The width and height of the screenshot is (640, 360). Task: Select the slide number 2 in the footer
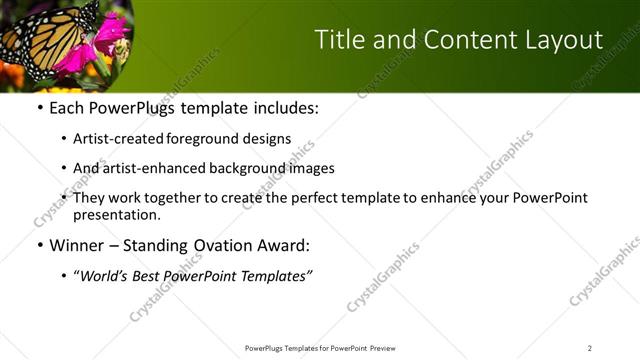click(589, 348)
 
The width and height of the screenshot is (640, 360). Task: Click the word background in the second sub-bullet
click(245, 169)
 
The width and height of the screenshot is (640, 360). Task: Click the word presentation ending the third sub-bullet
click(115, 214)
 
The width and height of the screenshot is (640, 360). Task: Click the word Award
click(285, 245)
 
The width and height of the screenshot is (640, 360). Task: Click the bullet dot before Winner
click(39, 246)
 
